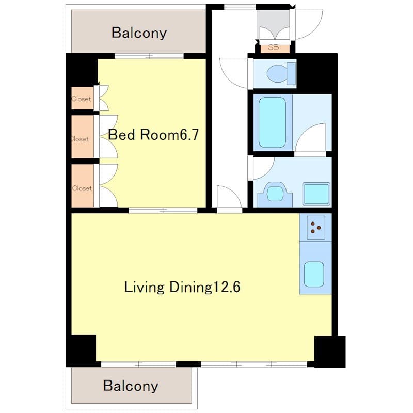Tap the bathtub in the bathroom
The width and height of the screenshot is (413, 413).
(272, 122)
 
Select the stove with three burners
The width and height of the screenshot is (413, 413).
(315, 226)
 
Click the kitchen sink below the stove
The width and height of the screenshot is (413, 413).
(314, 274)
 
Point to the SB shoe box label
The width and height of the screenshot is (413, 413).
(273, 48)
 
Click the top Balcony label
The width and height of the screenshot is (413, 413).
(139, 33)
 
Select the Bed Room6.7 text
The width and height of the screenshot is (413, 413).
(153, 135)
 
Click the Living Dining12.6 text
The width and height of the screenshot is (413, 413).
(182, 287)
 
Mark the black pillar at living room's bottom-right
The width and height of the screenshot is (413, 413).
(329, 351)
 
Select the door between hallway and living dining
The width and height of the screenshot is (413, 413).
(229, 199)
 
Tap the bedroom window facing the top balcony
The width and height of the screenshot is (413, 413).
(149, 56)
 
